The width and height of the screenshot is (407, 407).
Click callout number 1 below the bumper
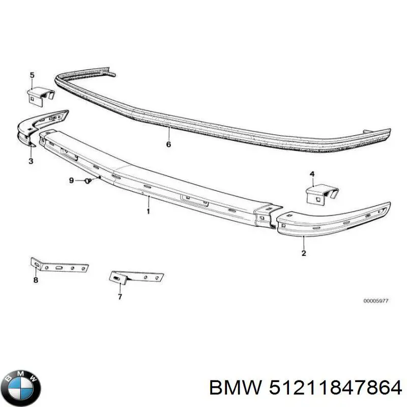(x=148, y=211)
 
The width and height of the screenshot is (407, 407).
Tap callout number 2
(x=304, y=253)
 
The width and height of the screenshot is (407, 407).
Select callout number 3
(x=31, y=161)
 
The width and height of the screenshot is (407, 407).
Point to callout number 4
(x=312, y=174)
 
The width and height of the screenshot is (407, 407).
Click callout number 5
(x=32, y=75)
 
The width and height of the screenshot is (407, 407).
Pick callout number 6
(x=168, y=144)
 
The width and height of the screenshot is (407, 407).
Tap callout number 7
(x=120, y=297)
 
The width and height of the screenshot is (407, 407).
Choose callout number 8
(x=36, y=280)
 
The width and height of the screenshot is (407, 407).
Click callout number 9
(x=71, y=181)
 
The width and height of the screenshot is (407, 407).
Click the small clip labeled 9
(x=88, y=181)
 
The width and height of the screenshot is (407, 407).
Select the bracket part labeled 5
(x=41, y=97)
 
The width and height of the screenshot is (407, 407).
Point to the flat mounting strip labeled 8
(x=60, y=266)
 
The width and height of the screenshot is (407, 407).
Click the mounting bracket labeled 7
(x=136, y=277)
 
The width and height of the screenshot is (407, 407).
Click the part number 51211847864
(x=335, y=388)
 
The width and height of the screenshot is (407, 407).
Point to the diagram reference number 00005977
(x=375, y=301)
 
